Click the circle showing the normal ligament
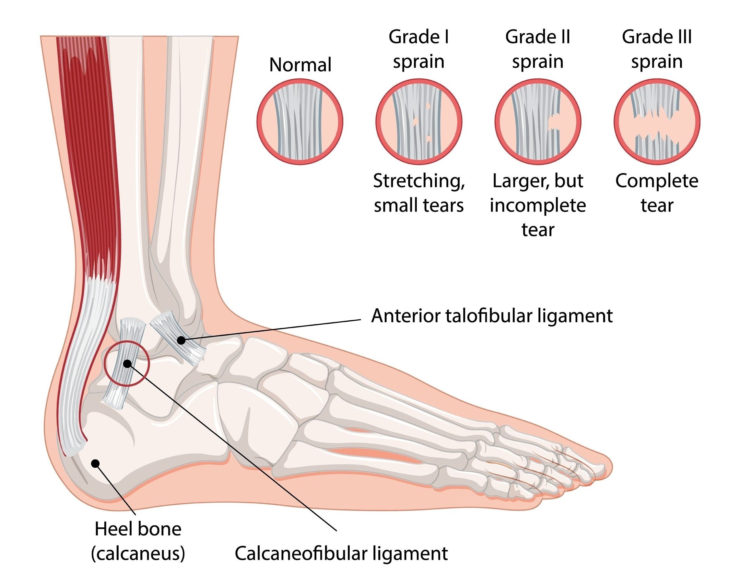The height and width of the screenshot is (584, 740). coord(300,121)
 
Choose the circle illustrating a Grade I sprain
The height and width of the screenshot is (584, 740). coord(419,121)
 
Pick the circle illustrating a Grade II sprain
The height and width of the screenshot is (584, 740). coord(538,121)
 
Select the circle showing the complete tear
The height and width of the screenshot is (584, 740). coord(657,121)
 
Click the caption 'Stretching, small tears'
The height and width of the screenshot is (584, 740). coord(419,193)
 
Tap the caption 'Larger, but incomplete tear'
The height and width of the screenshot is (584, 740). coord(538,205)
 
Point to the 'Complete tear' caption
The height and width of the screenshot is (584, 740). coord(657,193)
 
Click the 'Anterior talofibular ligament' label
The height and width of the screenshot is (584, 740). coord(492,315)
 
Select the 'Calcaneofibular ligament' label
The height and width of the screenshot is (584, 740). coord(341,553)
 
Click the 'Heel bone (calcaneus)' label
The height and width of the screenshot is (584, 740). coord(138,541)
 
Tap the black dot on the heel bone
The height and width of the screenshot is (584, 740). coord(95,463)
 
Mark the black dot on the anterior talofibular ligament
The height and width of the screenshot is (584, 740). coord(181,340)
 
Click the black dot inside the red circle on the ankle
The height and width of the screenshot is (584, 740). coord(127,363)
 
